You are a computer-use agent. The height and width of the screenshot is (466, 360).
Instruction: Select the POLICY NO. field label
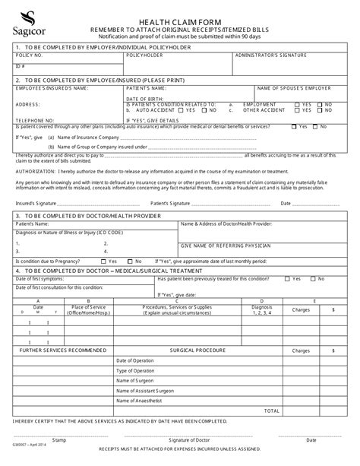click(x=29, y=55)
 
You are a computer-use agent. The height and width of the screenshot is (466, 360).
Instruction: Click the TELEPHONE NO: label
click(x=34, y=119)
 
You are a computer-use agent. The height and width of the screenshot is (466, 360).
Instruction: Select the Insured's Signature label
click(x=35, y=204)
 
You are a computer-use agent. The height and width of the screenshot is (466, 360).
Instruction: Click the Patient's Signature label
click(x=169, y=204)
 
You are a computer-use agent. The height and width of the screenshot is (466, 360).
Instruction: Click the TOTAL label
click(x=271, y=411)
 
